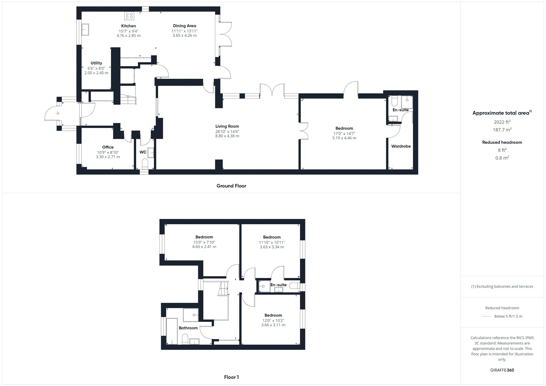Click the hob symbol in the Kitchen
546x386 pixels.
pyautogui.click(x=129, y=16)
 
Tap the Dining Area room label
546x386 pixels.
pyautogui.click(x=185, y=26)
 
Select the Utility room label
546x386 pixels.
pyautogui.click(x=96, y=63)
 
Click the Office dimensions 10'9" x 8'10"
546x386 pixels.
pyautogui.click(x=108, y=153)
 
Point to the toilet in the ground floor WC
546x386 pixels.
pyautogui.click(x=145, y=163)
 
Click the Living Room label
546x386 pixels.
pyautogui.click(x=227, y=126)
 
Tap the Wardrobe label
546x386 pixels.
pyautogui.click(x=401, y=146)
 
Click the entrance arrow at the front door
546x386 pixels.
pyautogui.click(x=57, y=113)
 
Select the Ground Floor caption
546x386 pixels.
pyautogui.click(x=231, y=186)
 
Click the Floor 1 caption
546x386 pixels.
pyautogui.click(x=231, y=377)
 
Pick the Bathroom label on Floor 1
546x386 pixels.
pyautogui.click(x=188, y=328)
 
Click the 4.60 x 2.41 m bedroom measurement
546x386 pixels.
pyautogui.click(x=204, y=247)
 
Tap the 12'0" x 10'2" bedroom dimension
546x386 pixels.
pyautogui.click(x=273, y=321)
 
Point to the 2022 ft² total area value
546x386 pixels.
pyautogui.click(x=502, y=122)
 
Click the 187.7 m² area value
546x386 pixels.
pyautogui.click(x=502, y=130)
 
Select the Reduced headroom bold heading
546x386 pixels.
pyautogui.click(x=502, y=142)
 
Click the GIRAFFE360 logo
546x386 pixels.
pyautogui.click(x=502, y=370)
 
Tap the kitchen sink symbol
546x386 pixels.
pyautogui.click(x=85, y=30)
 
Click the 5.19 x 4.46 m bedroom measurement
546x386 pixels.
pyautogui.click(x=344, y=138)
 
